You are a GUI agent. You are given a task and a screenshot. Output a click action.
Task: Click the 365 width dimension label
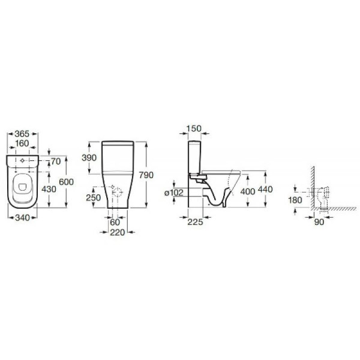(x=22, y=134)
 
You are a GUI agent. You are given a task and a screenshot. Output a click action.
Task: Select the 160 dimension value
(x=22, y=143)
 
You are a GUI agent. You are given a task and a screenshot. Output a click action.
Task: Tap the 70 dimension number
(x=56, y=161)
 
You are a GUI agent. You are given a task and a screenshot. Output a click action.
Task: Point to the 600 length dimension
(x=67, y=182)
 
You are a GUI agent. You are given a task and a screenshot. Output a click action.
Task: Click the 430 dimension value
(x=49, y=189)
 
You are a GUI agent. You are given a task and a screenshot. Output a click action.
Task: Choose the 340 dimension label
(x=23, y=218)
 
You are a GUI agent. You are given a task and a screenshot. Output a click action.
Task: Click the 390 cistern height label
(x=89, y=158)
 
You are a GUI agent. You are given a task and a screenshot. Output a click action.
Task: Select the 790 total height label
(x=146, y=175)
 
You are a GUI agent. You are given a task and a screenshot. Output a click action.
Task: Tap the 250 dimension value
(x=94, y=197)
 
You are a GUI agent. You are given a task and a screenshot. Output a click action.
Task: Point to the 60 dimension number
(x=115, y=222)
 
